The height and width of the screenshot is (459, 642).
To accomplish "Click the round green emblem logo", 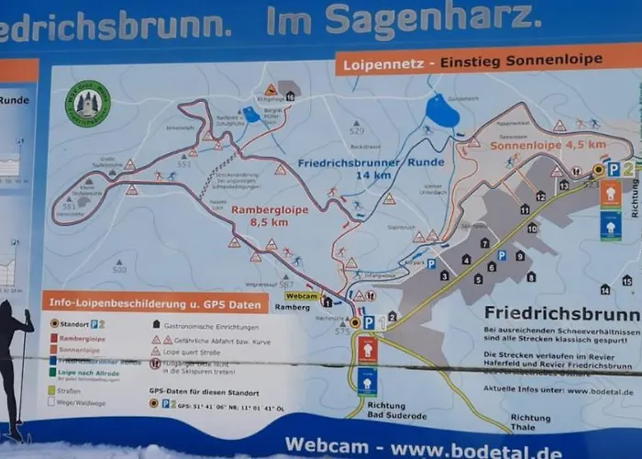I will pyautogui.click(x=87, y=104).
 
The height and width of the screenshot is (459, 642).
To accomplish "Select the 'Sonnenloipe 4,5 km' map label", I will pyautogui.click(x=548, y=145).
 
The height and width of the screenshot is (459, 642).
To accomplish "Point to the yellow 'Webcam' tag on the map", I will pyautogui.click(x=302, y=296).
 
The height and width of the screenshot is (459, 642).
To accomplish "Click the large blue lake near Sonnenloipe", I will pyautogui.click(x=442, y=111).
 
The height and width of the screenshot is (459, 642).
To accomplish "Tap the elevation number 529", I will pyautogui.click(x=357, y=131).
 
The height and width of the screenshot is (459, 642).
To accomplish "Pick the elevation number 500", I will pyautogui.click(x=119, y=269).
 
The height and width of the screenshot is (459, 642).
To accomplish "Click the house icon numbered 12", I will pyautogui.click(x=540, y=196).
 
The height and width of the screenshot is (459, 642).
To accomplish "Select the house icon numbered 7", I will pyautogui.click(x=484, y=243).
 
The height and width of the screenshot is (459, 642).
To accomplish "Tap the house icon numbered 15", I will pyautogui.click(x=626, y=281).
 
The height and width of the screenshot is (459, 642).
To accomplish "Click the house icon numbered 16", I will pyautogui.click(x=290, y=95).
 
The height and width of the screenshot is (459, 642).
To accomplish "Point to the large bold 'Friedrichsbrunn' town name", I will pyautogui.click(x=560, y=313).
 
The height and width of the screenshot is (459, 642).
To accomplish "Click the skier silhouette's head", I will pyautogui.click(x=8, y=310).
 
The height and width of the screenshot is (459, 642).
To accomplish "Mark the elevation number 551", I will pyautogui.click(x=184, y=163).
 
